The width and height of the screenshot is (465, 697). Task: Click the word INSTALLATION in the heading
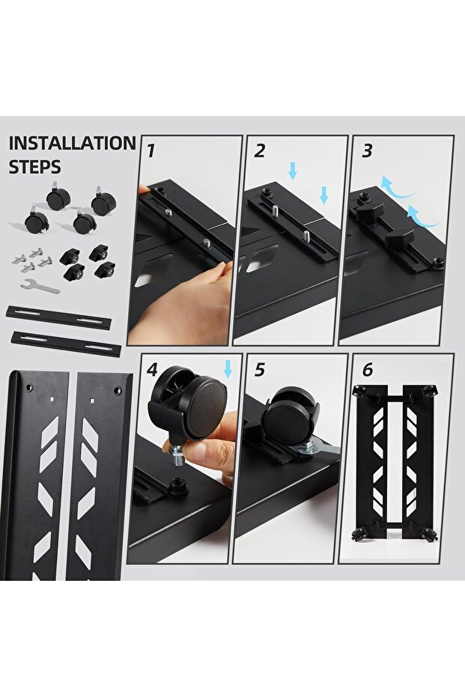point(72,144)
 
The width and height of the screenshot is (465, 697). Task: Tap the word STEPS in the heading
point(35,166)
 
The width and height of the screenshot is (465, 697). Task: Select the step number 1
point(151,150)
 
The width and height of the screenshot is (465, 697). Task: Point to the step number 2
point(260,150)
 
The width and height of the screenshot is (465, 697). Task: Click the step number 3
point(367,150)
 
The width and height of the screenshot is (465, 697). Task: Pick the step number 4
point(152,370)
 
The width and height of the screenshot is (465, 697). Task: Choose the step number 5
point(260,370)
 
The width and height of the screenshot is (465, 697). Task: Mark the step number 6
point(366,370)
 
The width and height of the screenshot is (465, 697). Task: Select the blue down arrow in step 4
point(228,368)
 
